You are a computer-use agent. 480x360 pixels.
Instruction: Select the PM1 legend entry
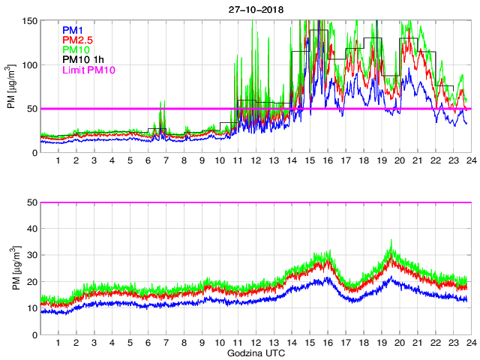coord(72,29)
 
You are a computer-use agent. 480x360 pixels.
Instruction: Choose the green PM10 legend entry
coord(75,49)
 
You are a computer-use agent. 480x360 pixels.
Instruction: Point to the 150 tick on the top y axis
coord(29,20)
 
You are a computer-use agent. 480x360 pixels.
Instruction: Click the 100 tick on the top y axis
coord(29,64)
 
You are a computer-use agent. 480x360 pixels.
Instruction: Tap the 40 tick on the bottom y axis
coord(32,229)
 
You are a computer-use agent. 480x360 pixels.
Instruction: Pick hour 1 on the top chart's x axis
coord(58,161)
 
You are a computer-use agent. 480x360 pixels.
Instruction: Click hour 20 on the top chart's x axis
coord(399,161)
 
